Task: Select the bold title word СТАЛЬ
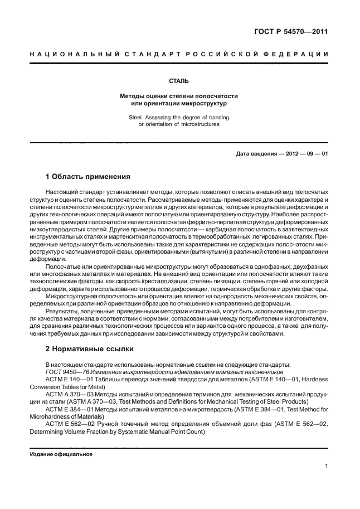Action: [179, 81]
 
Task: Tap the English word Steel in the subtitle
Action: [139, 118]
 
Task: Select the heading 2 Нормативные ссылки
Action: [89, 349]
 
